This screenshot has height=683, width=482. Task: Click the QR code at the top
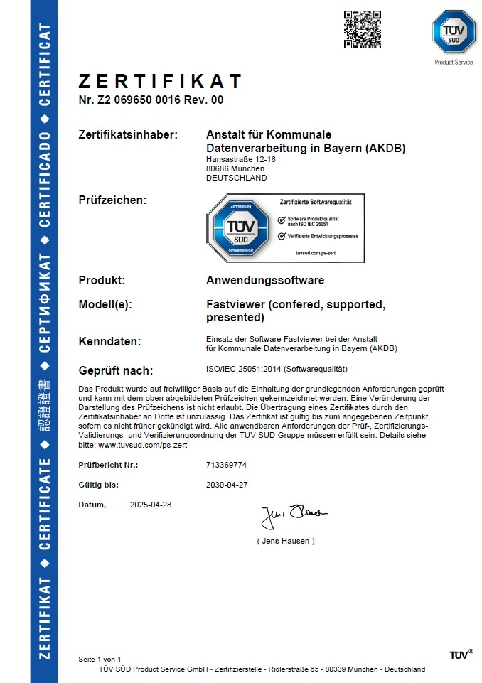click(x=363, y=29)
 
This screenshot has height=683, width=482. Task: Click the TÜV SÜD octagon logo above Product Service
click(x=454, y=31)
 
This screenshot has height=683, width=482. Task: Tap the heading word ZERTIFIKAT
click(x=160, y=81)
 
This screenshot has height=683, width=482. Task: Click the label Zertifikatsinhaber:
click(x=128, y=134)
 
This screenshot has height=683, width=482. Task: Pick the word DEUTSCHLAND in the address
click(x=237, y=178)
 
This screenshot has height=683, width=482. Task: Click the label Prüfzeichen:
click(x=112, y=200)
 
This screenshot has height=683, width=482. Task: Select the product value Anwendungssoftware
click(x=264, y=280)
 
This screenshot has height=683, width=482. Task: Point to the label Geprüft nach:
click(x=116, y=370)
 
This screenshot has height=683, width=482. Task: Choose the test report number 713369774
click(x=225, y=465)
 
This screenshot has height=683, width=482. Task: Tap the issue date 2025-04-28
click(x=151, y=505)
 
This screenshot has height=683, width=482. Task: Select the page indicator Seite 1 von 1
click(x=100, y=660)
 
